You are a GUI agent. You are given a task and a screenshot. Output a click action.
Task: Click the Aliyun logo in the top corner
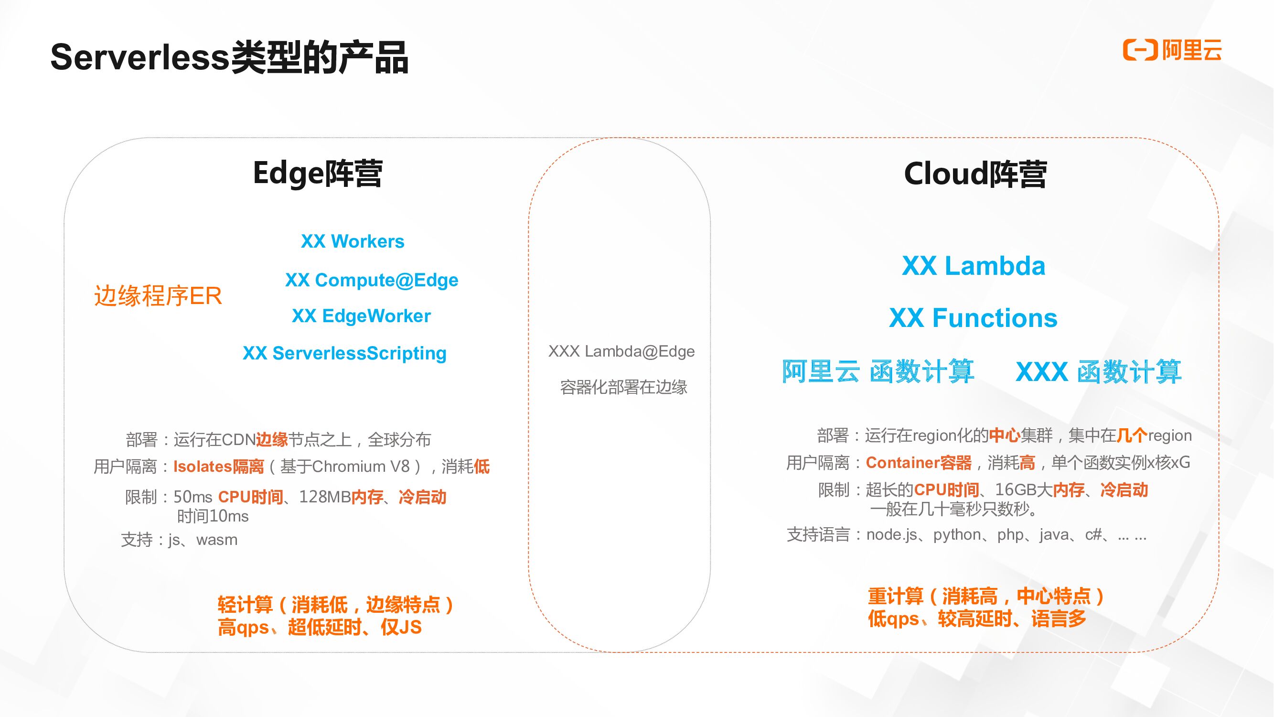click(1172, 50)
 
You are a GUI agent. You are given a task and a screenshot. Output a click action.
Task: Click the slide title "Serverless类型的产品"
click(229, 57)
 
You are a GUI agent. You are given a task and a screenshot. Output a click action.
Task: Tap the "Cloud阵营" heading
click(975, 174)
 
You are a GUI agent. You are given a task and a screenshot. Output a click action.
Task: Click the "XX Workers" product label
click(352, 241)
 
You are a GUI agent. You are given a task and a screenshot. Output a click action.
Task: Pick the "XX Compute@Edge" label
click(372, 280)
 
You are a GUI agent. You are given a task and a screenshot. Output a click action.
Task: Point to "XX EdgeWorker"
click(361, 316)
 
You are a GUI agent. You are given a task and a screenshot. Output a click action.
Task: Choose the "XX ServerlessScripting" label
click(344, 353)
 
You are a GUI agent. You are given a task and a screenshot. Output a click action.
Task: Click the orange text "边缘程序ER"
click(158, 296)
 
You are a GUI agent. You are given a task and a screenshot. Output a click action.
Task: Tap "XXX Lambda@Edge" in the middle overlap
click(621, 351)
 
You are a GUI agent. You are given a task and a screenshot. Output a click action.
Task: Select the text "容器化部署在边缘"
click(623, 387)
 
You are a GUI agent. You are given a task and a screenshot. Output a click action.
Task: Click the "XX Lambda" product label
click(974, 266)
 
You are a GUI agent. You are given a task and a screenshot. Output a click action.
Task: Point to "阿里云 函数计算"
click(878, 371)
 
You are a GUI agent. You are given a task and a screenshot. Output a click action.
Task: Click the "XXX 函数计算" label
click(1098, 371)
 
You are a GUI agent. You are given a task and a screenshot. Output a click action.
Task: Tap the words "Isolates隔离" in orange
click(219, 467)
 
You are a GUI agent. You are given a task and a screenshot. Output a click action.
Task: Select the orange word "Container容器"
click(919, 463)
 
